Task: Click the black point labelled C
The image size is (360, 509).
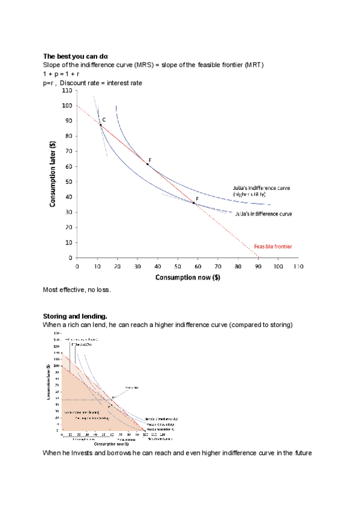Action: [100, 124]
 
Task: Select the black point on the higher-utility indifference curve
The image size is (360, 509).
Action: [147, 164]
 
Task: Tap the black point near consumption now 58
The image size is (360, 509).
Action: [194, 203]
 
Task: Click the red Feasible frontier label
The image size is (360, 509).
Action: [272, 247]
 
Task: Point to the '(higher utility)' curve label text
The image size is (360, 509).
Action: [249, 194]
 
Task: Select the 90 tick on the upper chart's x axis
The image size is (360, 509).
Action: [258, 265]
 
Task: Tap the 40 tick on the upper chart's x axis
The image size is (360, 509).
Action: [157, 265]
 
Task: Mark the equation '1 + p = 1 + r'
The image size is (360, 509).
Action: [61, 74]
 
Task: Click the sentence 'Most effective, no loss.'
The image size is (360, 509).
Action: [77, 290]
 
